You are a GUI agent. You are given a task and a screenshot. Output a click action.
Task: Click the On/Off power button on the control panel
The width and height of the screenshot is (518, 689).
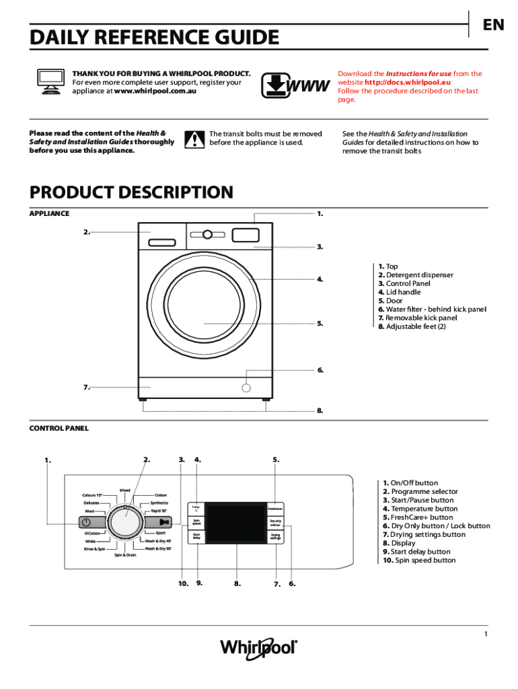point(87,522)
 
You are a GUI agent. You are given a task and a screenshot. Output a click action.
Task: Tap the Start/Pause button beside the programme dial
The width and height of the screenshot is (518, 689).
point(164,522)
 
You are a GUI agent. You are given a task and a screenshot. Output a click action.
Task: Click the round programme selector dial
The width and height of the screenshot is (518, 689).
point(126,522)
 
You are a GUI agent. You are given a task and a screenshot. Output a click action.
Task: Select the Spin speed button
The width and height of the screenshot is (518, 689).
point(196,521)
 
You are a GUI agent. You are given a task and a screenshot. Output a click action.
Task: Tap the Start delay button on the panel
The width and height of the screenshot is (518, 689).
point(196,536)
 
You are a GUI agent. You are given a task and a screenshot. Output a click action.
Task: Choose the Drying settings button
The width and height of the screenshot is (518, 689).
point(276,536)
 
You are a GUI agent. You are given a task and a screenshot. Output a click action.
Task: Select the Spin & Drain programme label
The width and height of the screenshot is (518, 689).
point(125,555)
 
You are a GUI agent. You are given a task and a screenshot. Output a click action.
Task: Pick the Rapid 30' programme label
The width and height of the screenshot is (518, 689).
point(159,511)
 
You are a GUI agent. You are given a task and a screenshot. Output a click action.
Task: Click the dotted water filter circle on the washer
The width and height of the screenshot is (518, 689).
point(246,388)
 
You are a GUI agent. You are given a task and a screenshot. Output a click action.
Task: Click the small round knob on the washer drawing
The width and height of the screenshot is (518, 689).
point(208,234)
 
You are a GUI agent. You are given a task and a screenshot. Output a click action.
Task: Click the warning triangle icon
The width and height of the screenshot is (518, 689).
point(194,139)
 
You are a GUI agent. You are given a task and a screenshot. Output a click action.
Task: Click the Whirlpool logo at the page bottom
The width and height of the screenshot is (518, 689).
point(259,647)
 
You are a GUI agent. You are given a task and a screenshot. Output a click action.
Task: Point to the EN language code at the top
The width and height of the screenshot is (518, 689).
point(493,25)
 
